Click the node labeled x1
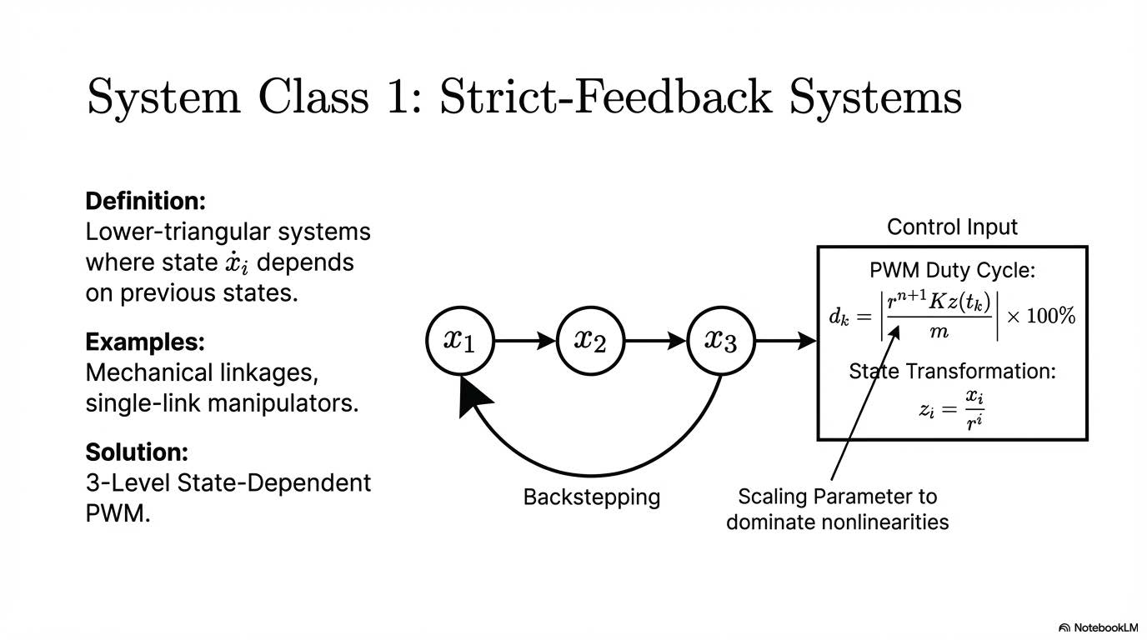coord(459,340)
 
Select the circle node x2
coord(590,340)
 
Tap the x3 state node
coord(721,340)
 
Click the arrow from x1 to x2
coord(525,340)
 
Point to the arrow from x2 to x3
coord(656,340)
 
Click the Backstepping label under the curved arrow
coord(591,497)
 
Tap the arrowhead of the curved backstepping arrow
coord(473,397)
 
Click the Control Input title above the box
coord(952,227)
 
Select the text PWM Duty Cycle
coord(952,271)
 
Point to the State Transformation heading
coord(952,371)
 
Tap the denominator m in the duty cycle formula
coord(939,332)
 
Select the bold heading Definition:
coord(145,201)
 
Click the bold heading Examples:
coord(144,342)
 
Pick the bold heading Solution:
coord(137,452)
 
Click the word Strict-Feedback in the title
coord(606,97)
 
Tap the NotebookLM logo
coord(1098,627)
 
